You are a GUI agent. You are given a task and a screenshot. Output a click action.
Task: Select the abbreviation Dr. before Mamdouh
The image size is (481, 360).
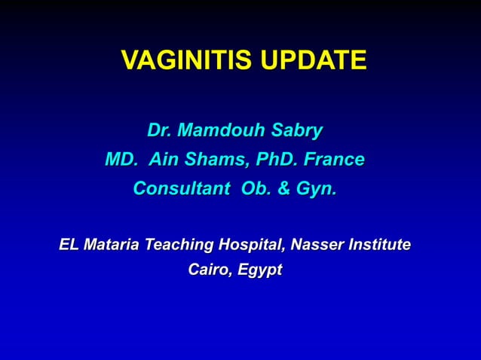158,131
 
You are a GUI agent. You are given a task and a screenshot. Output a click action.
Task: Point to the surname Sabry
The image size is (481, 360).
296,131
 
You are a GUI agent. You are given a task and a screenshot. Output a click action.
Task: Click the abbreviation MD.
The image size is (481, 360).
121,160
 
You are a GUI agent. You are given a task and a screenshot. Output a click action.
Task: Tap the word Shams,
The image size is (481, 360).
217,160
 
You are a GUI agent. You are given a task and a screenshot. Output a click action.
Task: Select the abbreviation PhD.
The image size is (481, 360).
280,160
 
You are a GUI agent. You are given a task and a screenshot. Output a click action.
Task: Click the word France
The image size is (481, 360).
336,160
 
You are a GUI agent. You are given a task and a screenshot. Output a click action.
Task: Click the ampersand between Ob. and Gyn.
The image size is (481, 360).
283,188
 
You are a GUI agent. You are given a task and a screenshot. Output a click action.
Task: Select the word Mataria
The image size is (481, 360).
112,245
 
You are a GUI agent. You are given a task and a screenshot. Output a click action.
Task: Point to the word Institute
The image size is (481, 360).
379,245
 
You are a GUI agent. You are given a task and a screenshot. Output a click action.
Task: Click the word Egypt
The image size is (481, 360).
259,270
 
